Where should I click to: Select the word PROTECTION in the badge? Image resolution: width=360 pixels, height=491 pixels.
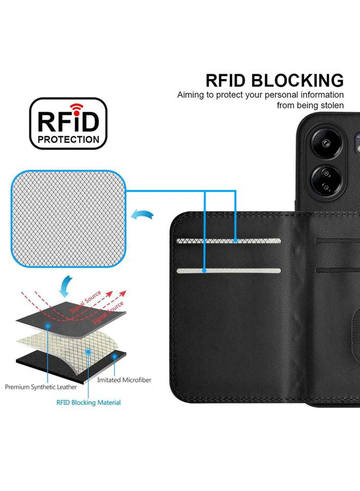(68, 140)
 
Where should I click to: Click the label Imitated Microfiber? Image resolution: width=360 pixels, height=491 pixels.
(124, 380)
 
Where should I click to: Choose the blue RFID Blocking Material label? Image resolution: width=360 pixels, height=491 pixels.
(88, 403)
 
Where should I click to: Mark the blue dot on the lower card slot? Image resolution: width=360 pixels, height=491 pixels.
(204, 270)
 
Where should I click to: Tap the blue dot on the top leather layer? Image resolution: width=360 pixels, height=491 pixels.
(49, 324)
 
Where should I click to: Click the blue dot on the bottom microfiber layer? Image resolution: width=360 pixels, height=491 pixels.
(115, 355)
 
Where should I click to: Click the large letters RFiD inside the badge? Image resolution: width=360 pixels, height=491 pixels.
(68, 120)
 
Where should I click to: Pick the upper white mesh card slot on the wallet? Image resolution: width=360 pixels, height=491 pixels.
(229, 240)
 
